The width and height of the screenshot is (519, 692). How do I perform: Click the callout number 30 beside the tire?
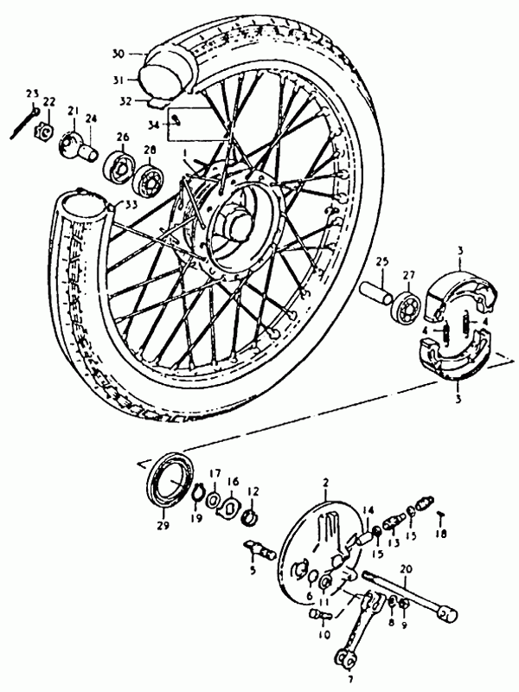(119, 54)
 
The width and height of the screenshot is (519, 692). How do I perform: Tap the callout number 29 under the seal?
(163, 526)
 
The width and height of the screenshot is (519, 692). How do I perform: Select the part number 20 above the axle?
(406, 569)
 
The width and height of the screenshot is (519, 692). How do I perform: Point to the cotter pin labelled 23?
(23, 123)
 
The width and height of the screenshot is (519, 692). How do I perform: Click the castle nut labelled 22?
(44, 131)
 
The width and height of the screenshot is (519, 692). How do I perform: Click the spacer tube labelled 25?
(375, 292)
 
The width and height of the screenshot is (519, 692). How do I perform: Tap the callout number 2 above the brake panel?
(326, 483)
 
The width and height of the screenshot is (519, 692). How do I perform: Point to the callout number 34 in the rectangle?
(154, 125)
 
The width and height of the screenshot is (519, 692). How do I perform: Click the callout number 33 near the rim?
(131, 204)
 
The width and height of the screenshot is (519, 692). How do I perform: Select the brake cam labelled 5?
(260, 549)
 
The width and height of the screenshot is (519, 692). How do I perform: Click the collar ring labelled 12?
(251, 516)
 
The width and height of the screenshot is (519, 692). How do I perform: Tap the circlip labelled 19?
(199, 493)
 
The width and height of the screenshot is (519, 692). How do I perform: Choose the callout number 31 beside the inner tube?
(118, 80)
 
